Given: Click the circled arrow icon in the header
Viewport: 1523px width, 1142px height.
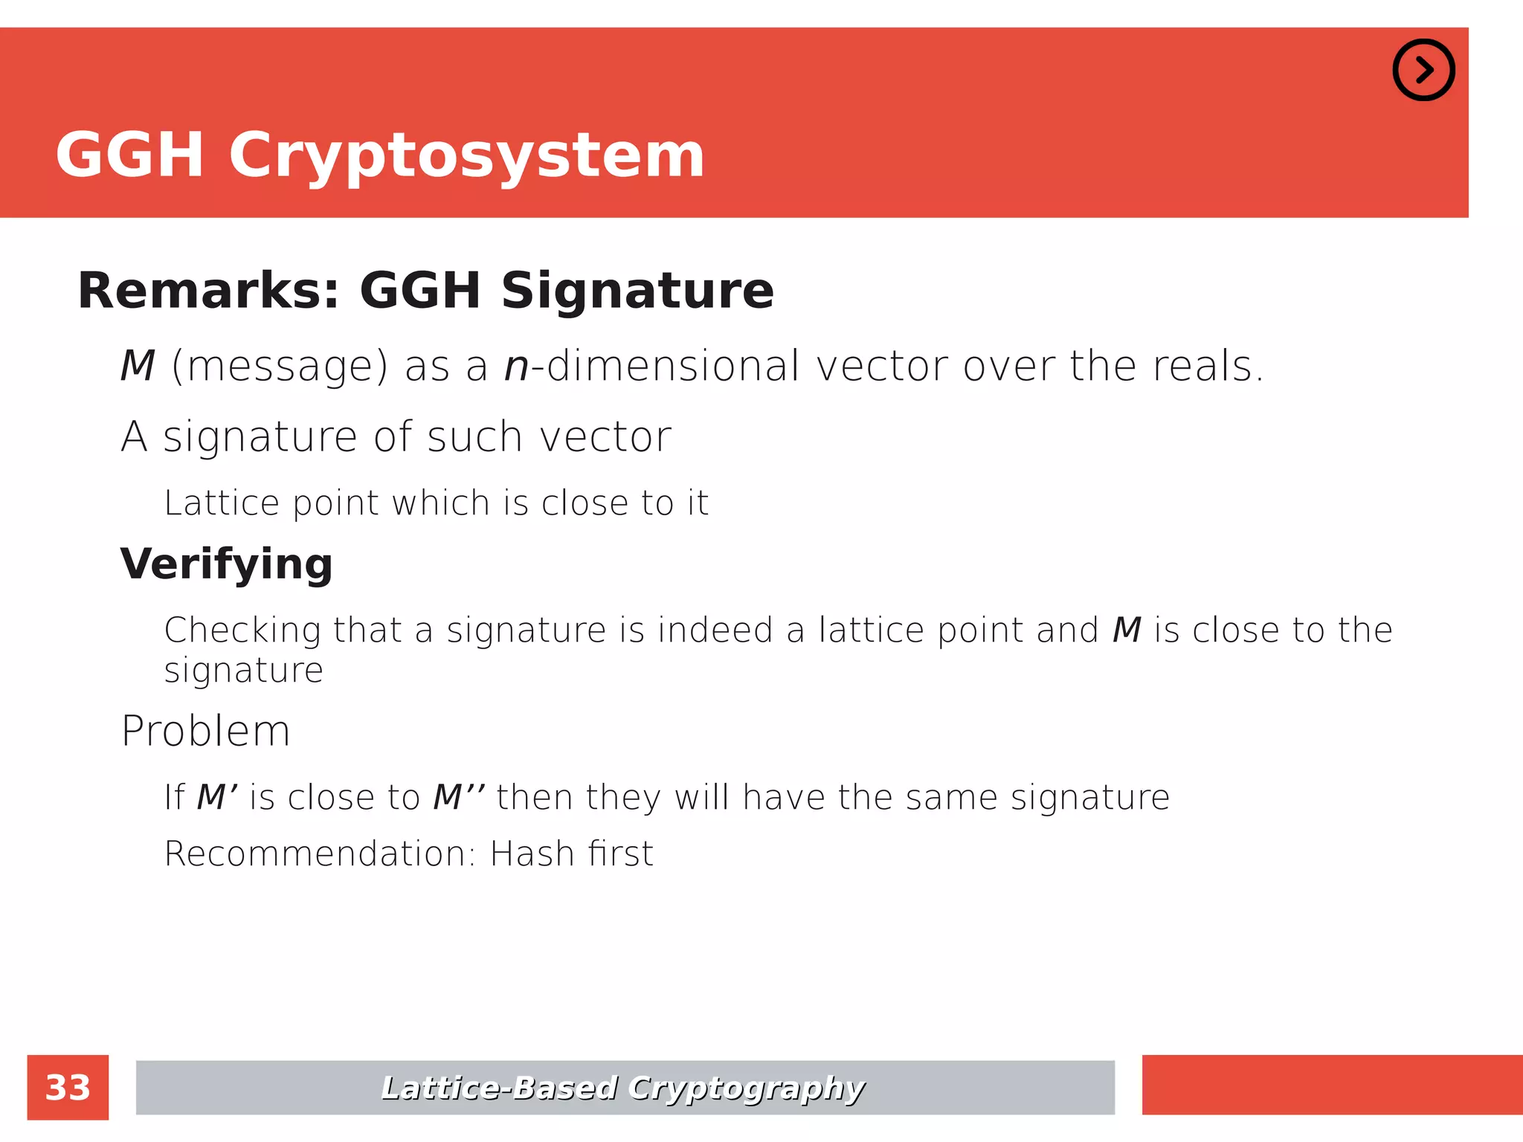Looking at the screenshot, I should tap(1423, 70).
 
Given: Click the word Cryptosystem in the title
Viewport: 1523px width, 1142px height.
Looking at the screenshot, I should tap(466, 155).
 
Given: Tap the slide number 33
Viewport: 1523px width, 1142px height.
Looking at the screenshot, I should tap(68, 1088).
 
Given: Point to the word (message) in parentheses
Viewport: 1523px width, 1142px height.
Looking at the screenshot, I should tap(280, 367).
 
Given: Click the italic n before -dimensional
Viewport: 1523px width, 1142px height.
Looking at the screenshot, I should tap(516, 367).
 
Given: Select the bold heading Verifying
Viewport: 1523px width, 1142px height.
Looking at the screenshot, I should tap(226, 564).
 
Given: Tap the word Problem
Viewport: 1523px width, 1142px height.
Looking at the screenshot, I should tap(205, 731).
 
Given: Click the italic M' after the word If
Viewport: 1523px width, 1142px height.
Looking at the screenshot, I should tap(216, 798).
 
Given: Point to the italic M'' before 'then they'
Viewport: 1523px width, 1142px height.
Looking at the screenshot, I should tap(458, 798).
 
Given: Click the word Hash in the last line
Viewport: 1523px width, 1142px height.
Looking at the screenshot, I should tap(532, 854).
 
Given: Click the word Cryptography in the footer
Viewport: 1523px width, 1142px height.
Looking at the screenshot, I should tap(746, 1088).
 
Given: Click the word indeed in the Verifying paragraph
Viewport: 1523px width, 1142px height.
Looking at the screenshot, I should tap(715, 630).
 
